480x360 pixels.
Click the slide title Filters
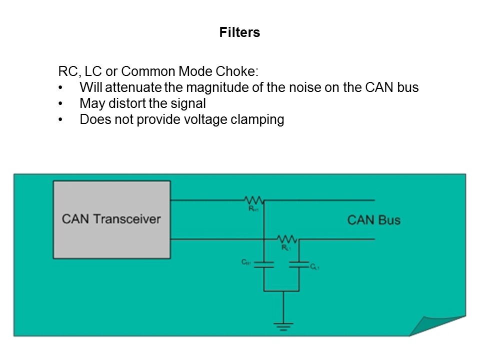(x=239, y=33)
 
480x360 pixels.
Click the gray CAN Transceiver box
(x=111, y=219)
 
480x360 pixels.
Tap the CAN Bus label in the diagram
(x=373, y=220)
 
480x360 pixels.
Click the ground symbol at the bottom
(x=283, y=325)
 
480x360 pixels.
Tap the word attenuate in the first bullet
(x=136, y=87)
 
